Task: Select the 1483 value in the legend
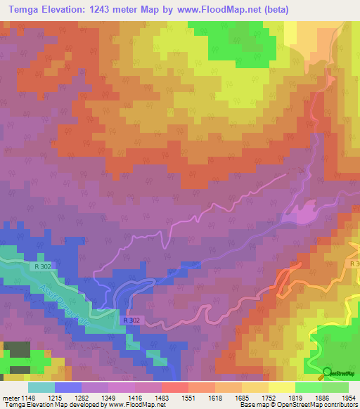tap(161, 397)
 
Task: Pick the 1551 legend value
tap(188, 397)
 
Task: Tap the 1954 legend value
tap(348, 397)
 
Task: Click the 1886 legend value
tap(321, 397)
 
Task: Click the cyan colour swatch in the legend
tap(41, 387)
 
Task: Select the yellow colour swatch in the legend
tap(281, 387)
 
